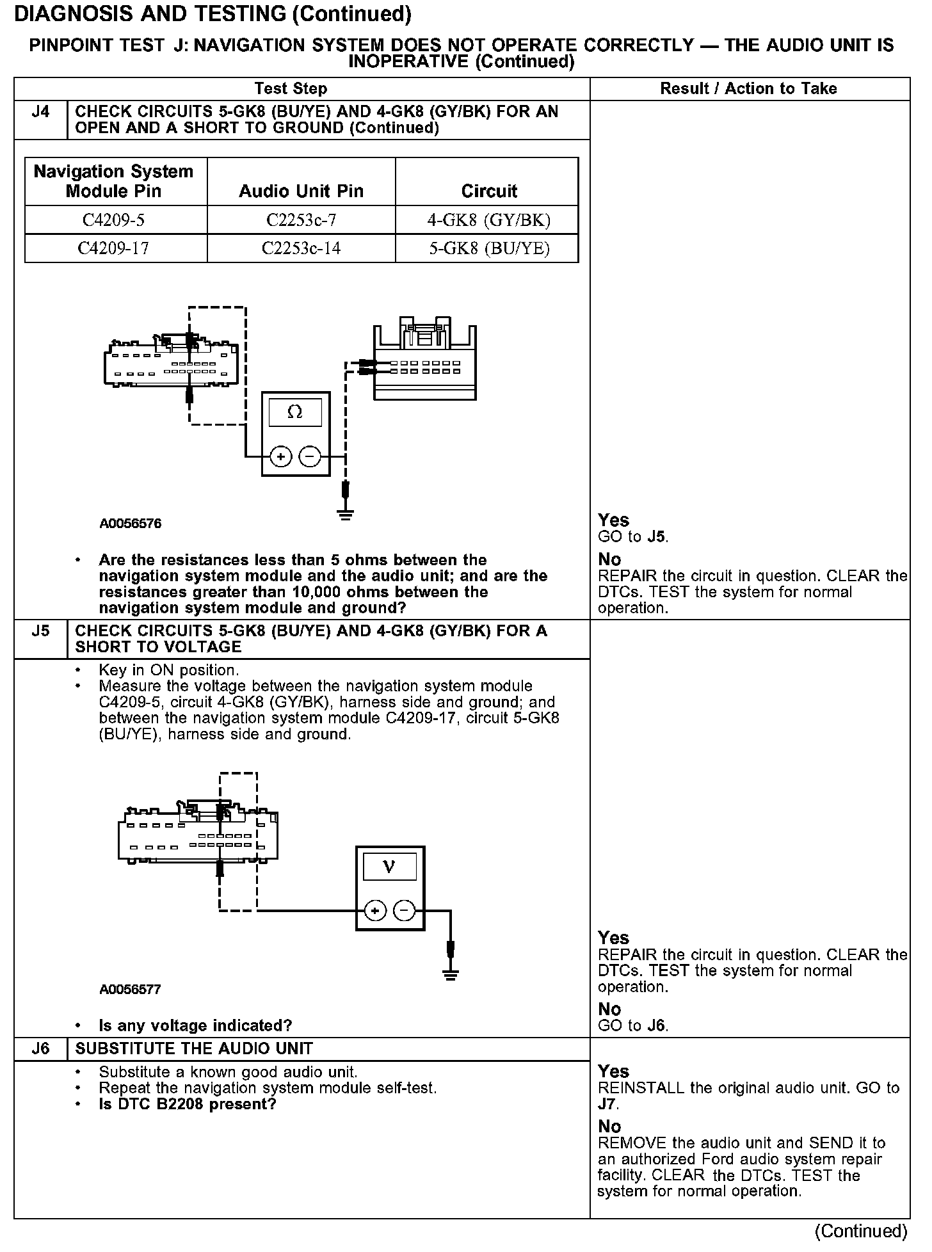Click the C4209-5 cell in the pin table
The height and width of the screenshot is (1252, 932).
click(114, 220)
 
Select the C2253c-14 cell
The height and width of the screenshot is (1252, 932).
click(301, 248)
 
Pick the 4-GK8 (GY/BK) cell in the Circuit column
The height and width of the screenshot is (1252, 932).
click(488, 220)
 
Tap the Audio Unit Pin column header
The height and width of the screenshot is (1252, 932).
click(301, 191)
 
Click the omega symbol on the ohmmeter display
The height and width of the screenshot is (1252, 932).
click(295, 412)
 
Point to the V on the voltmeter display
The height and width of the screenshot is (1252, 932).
click(389, 867)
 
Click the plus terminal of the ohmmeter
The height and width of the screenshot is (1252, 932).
click(280, 456)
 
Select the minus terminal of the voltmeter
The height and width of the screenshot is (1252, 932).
click(404, 910)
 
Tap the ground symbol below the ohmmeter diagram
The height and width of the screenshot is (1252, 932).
click(346, 514)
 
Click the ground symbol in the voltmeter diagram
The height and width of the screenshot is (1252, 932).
click(451, 975)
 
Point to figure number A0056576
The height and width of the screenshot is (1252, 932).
click(131, 524)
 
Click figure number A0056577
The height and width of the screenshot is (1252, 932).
click(131, 989)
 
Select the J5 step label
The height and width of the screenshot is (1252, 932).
click(40, 631)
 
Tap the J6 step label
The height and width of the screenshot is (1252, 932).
click(40, 1048)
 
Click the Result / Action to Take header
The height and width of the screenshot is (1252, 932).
click(748, 88)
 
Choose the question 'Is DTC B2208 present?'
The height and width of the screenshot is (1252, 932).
click(188, 1104)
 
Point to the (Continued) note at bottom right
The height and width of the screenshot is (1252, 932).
click(861, 1230)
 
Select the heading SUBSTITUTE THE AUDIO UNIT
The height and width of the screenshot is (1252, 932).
click(194, 1048)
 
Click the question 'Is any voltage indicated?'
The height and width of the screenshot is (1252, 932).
click(195, 1025)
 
